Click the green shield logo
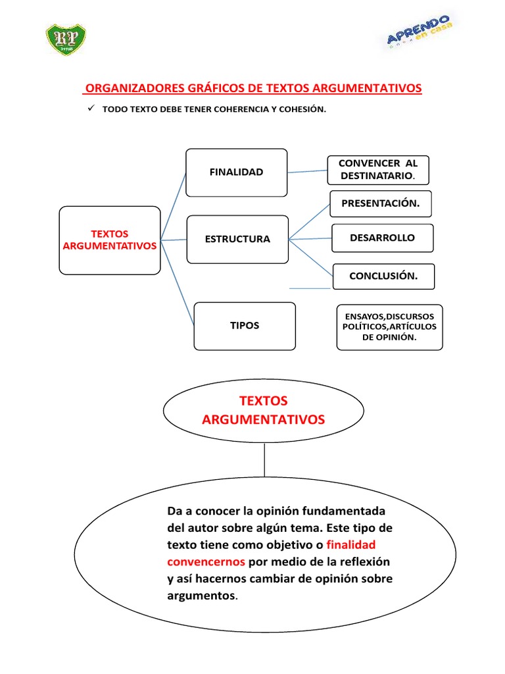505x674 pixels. tap(66, 40)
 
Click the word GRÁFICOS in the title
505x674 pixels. tap(216, 88)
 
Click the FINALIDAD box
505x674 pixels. tap(236, 172)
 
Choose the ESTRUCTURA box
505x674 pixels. tap(237, 239)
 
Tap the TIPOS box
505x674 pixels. tap(244, 326)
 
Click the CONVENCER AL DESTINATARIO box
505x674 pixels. tap(377, 170)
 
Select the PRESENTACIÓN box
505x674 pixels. tap(380, 203)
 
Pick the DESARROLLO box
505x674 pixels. tap(382, 238)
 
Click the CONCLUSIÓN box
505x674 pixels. tap(383, 276)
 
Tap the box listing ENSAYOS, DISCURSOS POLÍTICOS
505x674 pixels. tap(389, 327)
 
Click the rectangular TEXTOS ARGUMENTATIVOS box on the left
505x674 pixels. tap(110, 240)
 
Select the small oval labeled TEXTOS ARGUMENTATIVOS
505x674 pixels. tap(263, 409)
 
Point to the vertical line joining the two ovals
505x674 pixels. tap(264, 459)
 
